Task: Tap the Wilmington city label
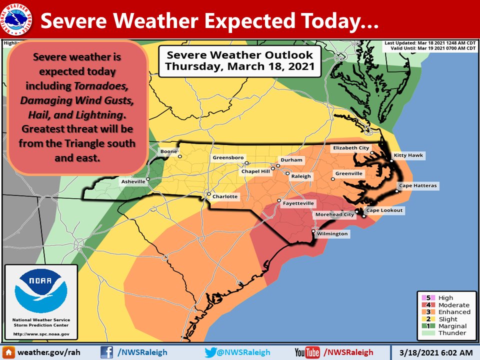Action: pos(332,233)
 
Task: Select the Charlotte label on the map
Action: pos(225,196)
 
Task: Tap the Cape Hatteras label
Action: pos(418,185)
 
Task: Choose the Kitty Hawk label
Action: pos(408,155)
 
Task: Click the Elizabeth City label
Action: pos(351,148)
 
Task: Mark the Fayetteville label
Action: pos(299,203)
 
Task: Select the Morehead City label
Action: pos(334,214)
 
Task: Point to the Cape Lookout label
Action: pos(384,210)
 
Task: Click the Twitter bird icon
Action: pos(210,352)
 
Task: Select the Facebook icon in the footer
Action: pos(106,352)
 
